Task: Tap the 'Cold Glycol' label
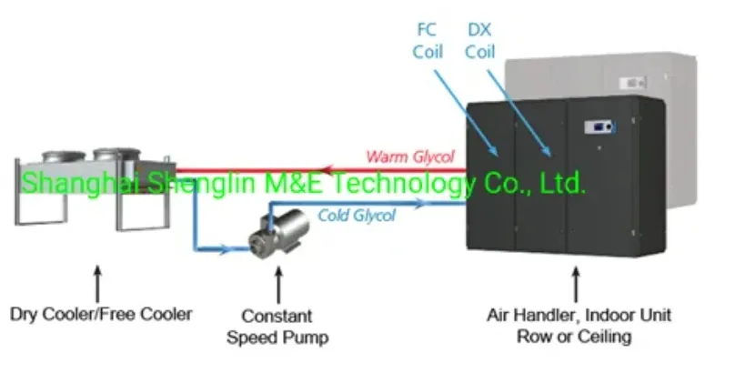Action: tap(357, 216)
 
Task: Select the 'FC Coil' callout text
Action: tap(427, 42)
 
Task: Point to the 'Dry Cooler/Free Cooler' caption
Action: tap(101, 315)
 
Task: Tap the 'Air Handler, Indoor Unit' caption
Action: tap(579, 315)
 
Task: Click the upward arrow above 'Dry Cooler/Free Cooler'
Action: tap(98, 277)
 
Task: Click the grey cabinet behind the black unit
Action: tap(673, 91)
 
